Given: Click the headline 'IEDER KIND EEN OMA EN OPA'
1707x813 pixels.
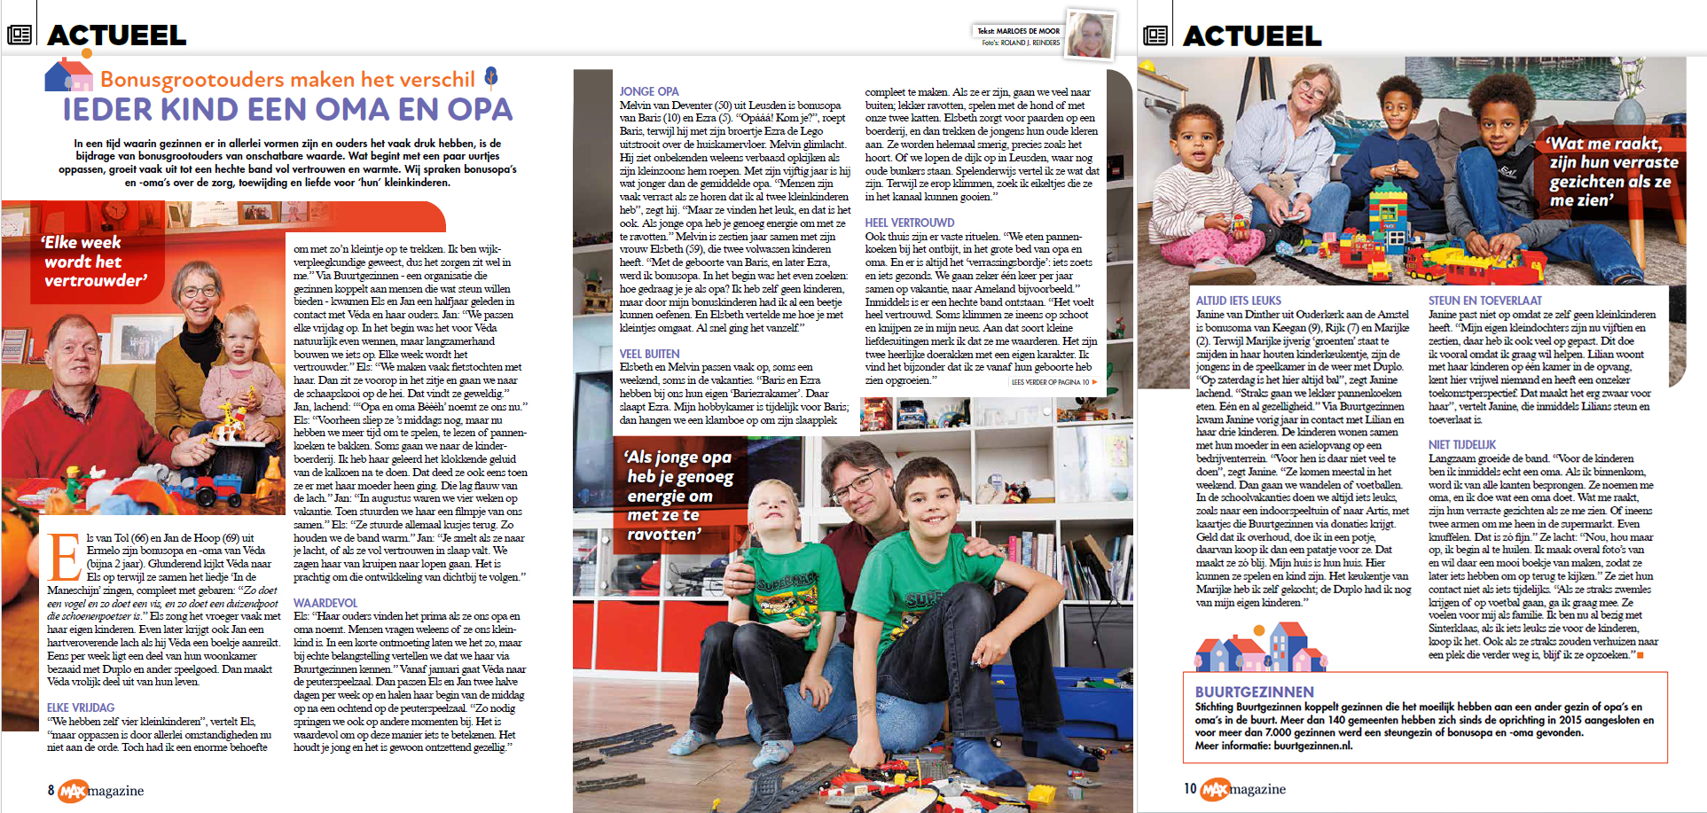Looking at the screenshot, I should [287, 110].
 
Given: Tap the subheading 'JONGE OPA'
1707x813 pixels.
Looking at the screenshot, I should [648, 91].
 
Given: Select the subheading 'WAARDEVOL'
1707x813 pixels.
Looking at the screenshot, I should [325, 603].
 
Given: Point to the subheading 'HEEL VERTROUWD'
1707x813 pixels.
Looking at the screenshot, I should [910, 223].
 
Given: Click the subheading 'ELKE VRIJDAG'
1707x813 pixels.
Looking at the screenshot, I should [81, 707].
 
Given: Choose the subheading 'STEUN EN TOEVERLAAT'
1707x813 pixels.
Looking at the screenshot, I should [1484, 301].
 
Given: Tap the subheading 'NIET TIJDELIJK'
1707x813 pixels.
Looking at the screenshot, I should [1461, 444].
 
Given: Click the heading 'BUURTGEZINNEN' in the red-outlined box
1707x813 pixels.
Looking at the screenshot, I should [1254, 692].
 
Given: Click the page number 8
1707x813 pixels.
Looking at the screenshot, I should [51, 790].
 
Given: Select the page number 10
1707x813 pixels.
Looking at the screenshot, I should [1190, 788].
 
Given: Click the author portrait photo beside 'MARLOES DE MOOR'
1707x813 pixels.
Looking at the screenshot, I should [1089, 36].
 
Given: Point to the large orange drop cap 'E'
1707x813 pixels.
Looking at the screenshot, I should [64, 557].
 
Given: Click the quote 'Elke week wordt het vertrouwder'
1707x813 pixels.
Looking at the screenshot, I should [94, 262].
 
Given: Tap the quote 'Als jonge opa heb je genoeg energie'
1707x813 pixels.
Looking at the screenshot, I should [678, 495].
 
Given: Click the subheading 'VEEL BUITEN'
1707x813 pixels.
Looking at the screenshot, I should [649, 353].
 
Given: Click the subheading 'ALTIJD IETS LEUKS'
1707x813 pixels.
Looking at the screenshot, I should [1238, 301].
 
